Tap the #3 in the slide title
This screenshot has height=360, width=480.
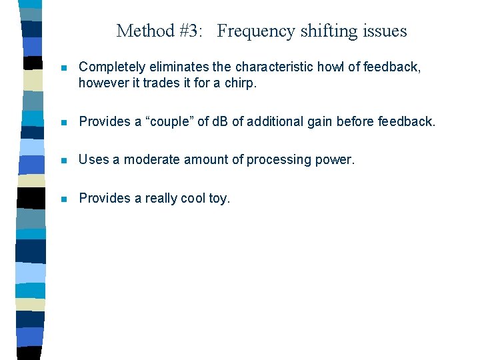click(186, 31)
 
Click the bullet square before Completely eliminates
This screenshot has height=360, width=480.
click(63, 68)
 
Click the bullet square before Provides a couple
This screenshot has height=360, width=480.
click(63, 122)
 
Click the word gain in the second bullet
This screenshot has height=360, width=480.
click(317, 121)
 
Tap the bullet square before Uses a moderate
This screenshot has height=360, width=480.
click(63, 160)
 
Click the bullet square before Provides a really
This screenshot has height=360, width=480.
click(63, 199)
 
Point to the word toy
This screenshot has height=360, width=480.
click(218, 199)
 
